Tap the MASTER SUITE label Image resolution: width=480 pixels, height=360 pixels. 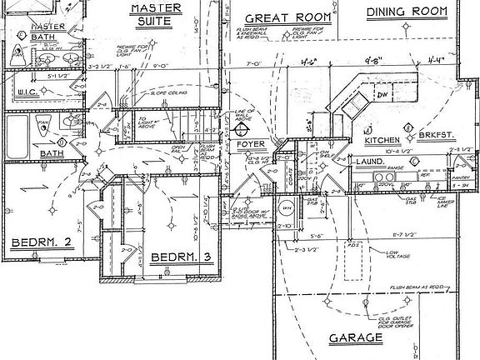tap(156, 13)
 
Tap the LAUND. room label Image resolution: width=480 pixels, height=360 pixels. tap(370, 160)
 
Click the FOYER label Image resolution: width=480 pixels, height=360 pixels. tap(249, 144)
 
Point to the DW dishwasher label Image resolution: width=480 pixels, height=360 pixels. tap(383, 95)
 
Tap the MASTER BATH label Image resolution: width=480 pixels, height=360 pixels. tap(24, 32)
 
